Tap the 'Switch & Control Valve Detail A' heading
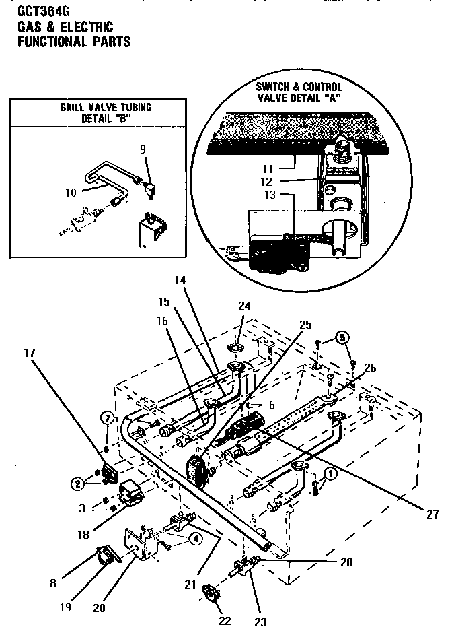point(299,92)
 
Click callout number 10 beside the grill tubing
point(70,192)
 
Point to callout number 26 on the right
point(369,367)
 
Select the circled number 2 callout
point(79,483)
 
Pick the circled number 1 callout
point(329,473)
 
